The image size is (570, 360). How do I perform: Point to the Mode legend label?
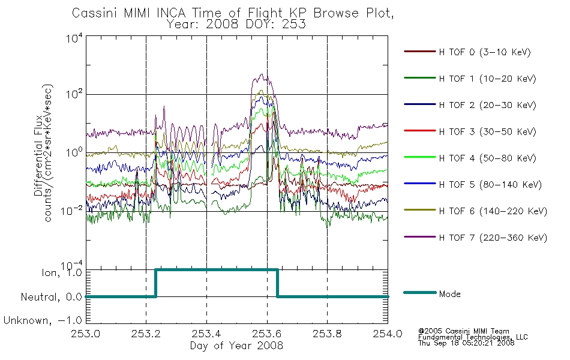(x=449, y=294)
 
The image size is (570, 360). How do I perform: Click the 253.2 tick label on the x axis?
(x=146, y=334)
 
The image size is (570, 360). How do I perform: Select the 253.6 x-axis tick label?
(x=267, y=334)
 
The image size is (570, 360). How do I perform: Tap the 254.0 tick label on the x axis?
(x=388, y=334)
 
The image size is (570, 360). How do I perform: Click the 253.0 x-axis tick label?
(x=86, y=334)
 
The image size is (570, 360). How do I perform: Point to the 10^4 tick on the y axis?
(x=74, y=38)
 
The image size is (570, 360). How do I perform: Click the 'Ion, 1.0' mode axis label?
(x=62, y=272)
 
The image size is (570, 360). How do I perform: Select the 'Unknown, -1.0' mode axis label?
(x=43, y=320)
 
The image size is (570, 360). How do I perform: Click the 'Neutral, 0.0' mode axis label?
(x=52, y=297)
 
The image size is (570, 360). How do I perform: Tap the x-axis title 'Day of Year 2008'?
(x=236, y=346)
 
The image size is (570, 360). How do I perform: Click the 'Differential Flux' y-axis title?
(x=38, y=155)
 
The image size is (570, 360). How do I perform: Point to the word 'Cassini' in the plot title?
(x=95, y=13)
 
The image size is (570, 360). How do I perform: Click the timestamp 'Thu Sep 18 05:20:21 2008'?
(x=466, y=343)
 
